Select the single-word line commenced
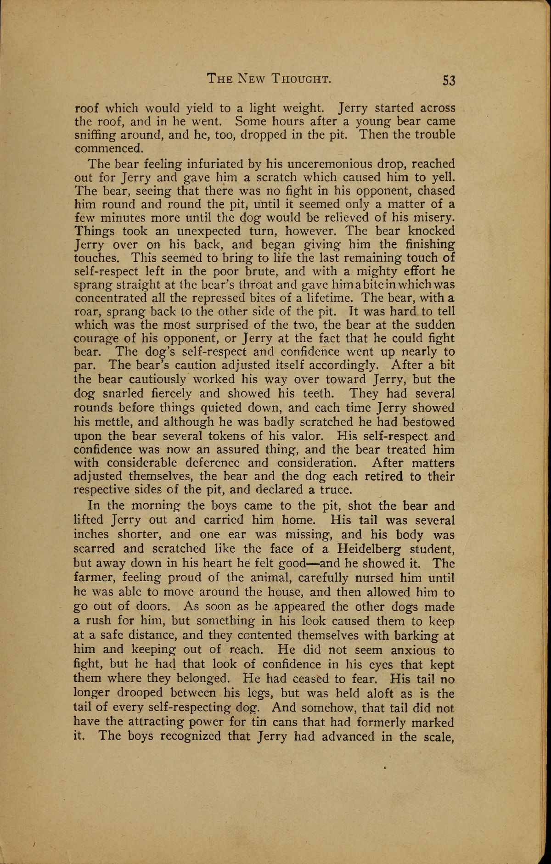pyautogui.click(x=109, y=149)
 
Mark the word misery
pyautogui.click(x=433, y=217)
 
